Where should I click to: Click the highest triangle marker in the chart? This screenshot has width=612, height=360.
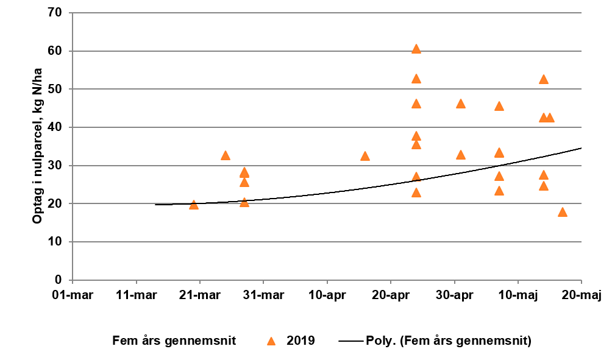(x=416, y=49)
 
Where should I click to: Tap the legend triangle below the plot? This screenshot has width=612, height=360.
(x=271, y=341)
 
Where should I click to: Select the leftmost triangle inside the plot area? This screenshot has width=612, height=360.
(x=194, y=205)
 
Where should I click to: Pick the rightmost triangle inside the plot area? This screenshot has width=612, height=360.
(x=563, y=212)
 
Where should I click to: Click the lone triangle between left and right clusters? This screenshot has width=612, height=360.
(x=365, y=156)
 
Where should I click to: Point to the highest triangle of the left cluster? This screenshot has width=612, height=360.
(x=226, y=155)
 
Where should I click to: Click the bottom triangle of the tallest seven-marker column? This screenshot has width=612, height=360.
(x=416, y=192)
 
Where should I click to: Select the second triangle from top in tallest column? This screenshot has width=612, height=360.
(x=416, y=79)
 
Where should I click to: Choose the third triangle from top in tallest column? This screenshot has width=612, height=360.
(x=416, y=104)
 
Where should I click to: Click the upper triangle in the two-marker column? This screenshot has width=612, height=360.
(x=461, y=104)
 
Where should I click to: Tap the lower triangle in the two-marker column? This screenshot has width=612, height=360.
(x=461, y=155)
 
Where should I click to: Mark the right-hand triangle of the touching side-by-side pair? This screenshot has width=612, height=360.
(x=550, y=118)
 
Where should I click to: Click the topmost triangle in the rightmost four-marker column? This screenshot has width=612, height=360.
(x=499, y=106)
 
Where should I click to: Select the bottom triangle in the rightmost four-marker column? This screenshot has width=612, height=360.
(x=499, y=191)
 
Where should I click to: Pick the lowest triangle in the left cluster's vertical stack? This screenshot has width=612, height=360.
(x=244, y=202)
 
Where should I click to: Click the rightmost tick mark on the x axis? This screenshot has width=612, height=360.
(x=582, y=282)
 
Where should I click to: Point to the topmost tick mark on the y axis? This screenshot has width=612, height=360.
(x=71, y=13)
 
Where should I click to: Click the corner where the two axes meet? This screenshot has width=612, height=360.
(x=73, y=280)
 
